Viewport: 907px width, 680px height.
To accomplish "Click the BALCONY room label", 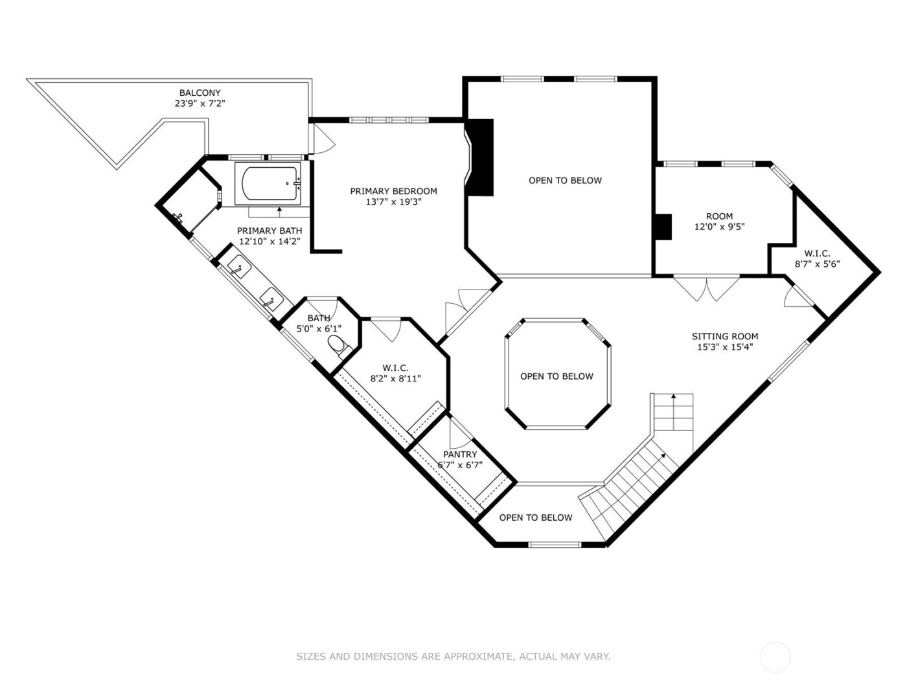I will [200, 93].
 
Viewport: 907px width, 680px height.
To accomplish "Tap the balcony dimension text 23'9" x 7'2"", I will [200, 104].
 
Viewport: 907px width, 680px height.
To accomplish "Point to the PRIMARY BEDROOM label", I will [393, 191].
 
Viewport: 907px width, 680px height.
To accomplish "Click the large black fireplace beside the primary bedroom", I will [481, 157].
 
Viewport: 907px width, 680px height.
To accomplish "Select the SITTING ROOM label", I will [724, 336].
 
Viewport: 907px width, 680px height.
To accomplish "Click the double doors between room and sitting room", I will [706, 289].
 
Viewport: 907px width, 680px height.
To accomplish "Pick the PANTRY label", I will [460, 455].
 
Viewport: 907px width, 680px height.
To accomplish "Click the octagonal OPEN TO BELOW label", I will [557, 376].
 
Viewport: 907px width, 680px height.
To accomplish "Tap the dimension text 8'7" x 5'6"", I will [817, 264].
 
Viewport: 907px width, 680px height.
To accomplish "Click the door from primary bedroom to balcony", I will [321, 137].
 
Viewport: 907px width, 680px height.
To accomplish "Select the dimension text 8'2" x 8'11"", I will [395, 379].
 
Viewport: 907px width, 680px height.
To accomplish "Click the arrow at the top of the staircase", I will [674, 396].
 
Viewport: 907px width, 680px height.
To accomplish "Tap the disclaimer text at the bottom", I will [453, 657].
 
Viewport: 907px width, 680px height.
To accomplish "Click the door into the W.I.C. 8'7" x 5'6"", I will [797, 297].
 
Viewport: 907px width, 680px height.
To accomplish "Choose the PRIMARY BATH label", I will [269, 231].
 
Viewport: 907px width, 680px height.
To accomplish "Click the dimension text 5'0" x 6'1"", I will [319, 328].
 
